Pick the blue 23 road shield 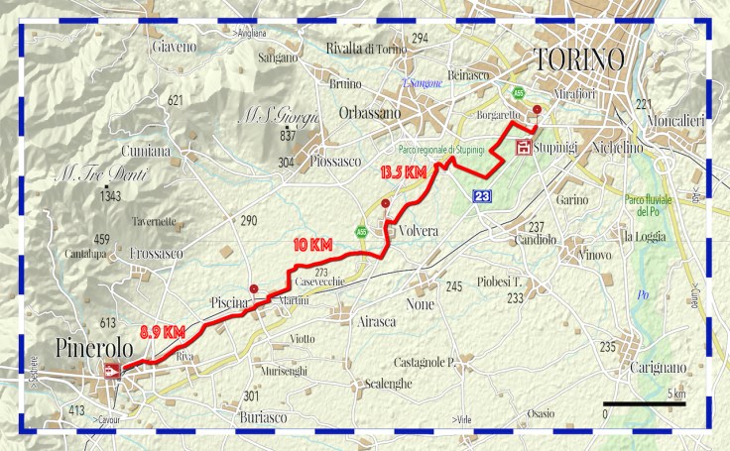482,196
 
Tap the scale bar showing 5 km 645,404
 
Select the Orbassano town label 368,113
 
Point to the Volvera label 418,230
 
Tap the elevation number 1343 110,197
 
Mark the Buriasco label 263,418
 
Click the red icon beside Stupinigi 523,149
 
